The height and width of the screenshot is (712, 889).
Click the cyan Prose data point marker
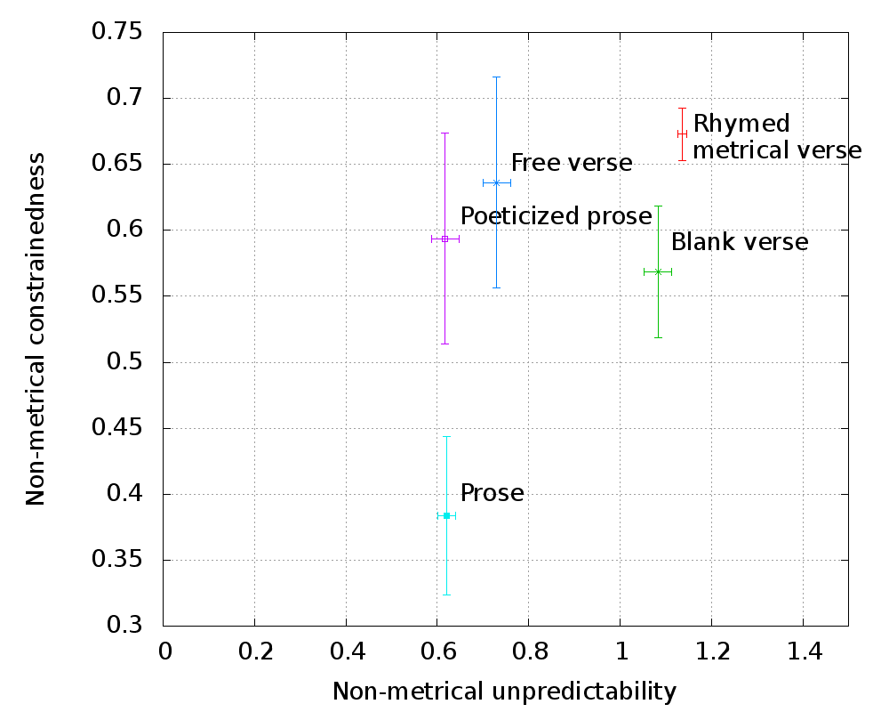(x=446, y=515)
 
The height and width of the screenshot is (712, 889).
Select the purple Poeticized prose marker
(x=444, y=239)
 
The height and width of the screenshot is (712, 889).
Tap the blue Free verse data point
(x=496, y=182)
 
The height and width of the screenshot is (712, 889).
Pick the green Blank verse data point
(x=658, y=271)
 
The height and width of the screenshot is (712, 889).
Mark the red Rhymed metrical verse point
(x=682, y=133)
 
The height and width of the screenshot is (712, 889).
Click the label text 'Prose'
(x=492, y=493)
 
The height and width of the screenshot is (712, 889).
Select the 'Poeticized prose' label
(x=557, y=216)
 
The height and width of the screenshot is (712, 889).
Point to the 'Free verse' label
(x=572, y=163)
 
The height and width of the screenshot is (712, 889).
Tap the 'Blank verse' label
(x=740, y=242)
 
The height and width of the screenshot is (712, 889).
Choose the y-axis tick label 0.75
(x=117, y=33)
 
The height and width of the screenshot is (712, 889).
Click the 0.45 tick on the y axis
(x=117, y=429)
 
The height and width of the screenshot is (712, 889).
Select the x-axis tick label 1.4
(x=803, y=652)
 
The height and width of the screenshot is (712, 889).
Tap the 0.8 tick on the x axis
(x=529, y=652)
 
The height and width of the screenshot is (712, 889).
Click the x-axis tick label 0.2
(x=255, y=652)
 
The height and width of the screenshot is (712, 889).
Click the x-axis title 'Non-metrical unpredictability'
(x=504, y=691)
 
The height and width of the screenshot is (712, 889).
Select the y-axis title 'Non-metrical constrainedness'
(x=36, y=329)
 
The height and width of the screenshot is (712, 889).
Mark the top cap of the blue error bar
(x=496, y=77)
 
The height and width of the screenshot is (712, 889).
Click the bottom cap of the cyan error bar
(x=446, y=595)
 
